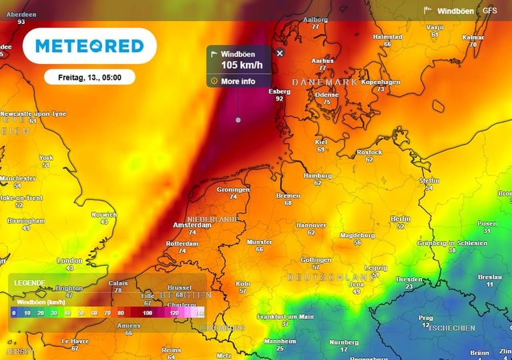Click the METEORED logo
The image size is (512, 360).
[89, 46]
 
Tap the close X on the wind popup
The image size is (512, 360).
[280, 53]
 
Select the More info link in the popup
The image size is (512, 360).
[238, 81]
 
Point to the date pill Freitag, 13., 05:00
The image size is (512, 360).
[89, 77]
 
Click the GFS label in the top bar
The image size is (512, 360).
[490, 11]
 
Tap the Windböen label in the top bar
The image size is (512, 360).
[455, 11]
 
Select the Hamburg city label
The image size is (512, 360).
[317, 175]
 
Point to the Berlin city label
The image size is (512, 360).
[401, 219]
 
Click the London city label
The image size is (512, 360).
[69, 260]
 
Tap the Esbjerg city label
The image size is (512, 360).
[279, 91]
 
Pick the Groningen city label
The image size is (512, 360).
[233, 189]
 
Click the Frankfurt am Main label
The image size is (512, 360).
[285, 316]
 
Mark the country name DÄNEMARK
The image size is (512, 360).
[325, 82]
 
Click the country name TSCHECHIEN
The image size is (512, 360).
[452, 328]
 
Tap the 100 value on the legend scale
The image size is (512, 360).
[147, 313]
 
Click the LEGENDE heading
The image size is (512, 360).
[30, 283]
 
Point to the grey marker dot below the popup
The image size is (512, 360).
[238, 120]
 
